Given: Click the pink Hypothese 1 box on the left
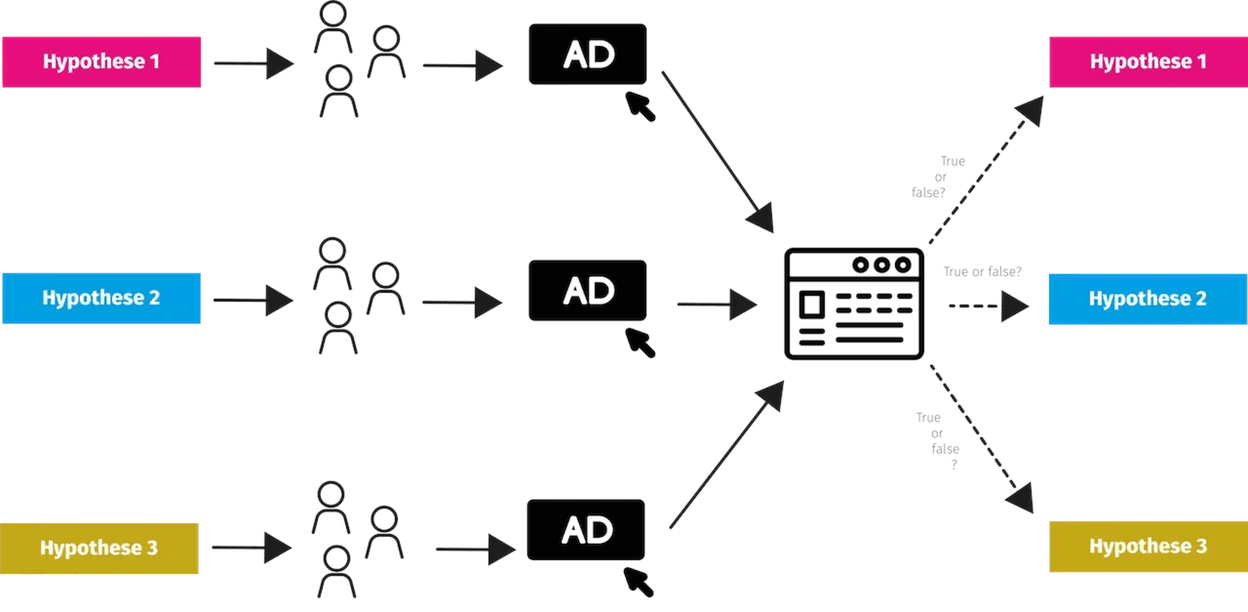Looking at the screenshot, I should (x=101, y=62).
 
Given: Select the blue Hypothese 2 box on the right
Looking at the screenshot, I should (x=1147, y=298).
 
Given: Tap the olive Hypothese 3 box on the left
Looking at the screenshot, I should (x=99, y=548).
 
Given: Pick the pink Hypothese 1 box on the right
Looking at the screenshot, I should (x=1148, y=62).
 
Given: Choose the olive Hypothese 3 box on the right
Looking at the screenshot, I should (x=1148, y=546).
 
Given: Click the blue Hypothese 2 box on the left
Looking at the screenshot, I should (x=101, y=298).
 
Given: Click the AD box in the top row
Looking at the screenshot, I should (x=587, y=54).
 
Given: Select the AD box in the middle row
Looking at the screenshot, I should (x=587, y=290).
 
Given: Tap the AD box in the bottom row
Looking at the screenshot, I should (x=586, y=530).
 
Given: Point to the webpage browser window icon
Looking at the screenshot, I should (x=854, y=303).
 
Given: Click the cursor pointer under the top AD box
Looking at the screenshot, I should (x=640, y=107).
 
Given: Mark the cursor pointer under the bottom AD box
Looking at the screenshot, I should (x=638, y=582).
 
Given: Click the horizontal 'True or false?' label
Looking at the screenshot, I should (x=982, y=272).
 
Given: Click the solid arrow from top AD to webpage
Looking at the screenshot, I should (x=716, y=151).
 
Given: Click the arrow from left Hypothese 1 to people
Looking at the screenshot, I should (x=253, y=63).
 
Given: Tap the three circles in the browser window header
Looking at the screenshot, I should (x=882, y=264).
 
